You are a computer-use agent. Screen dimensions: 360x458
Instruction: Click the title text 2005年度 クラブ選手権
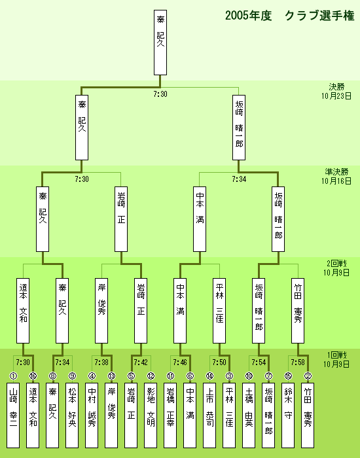coord(289,16)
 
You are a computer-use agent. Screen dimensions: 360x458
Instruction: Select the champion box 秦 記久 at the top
coord(160,43)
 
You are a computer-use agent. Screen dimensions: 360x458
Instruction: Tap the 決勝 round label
coord(336,87)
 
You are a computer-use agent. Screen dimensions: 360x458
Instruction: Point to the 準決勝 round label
coord(336,171)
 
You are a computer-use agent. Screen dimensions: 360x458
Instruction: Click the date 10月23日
coord(336,96)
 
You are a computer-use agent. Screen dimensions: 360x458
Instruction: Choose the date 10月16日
coord(336,181)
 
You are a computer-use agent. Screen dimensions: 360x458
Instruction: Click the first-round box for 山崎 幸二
coord(13,415)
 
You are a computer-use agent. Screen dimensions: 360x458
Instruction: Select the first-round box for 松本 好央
coord(72,415)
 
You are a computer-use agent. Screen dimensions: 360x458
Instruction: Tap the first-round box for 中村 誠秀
coord(92,415)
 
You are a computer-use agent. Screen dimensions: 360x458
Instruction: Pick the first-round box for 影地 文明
coord(151,415)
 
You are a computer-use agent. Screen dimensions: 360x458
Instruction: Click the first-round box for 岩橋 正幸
coord(170,415)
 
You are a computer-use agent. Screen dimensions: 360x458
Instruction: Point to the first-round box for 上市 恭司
coord(209,415)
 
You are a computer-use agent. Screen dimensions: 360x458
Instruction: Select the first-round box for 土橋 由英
coord(249,415)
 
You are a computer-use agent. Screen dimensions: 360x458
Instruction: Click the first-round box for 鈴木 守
coord(288,415)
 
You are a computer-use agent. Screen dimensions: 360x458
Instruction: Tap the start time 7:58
coord(298,362)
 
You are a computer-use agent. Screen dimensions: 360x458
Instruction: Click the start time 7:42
coord(141,362)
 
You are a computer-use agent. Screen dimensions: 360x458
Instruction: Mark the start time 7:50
coord(219,362)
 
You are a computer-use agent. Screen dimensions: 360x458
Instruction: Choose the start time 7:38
coord(101,362)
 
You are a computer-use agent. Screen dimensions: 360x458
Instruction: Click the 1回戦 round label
coord(336,355)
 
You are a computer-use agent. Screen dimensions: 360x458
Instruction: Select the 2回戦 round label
coord(336,264)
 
